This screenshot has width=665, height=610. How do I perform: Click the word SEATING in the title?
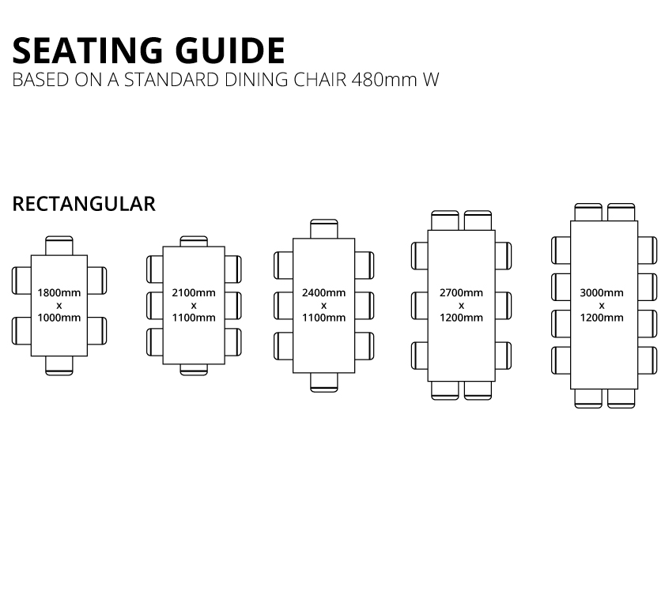pyautogui.click(x=87, y=51)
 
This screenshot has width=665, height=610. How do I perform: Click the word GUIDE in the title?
pyautogui.click(x=230, y=51)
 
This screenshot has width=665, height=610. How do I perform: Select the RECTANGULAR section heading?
pyautogui.click(x=84, y=204)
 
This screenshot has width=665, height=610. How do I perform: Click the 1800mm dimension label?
pyautogui.click(x=59, y=292)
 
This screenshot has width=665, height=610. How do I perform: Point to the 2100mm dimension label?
pyautogui.click(x=194, y=292)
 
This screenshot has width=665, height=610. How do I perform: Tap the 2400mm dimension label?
pyautogui.click(x=323, y=292)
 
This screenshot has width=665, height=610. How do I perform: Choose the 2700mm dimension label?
pyautogui.click(x=461, y=292)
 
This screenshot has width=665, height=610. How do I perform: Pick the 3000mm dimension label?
pyautogui.click(x=602, y=292)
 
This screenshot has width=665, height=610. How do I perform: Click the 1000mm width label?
pyautogui.click(x=59, y=318)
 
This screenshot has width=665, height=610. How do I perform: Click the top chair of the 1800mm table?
pyautogui.click(x=59, y=246)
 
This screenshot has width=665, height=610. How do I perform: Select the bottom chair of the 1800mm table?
pyautogui.click(x=59, y=365)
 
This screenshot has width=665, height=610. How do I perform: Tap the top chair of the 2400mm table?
pyautogui.click(x=324, y=229)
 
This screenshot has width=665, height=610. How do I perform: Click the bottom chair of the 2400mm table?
pyautogui.click(x=324, y=382)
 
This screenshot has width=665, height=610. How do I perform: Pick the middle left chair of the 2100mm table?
pyautogui.click(x=155, y=306)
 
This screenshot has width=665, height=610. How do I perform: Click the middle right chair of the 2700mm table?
pyautogui.click(x=503, y=306)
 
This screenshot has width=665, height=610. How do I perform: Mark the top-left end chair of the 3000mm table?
pyautogui.click(x=588, y=213)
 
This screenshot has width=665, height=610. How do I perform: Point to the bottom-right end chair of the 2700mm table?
pyautogui.click(x=478, y=390)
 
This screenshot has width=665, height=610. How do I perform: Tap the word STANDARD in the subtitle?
pyautogui.click(x=172, y=80)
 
